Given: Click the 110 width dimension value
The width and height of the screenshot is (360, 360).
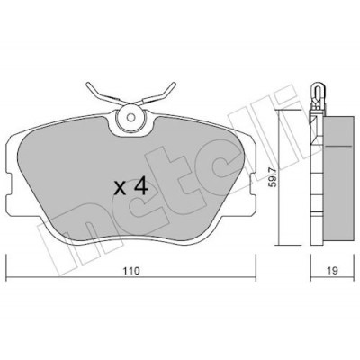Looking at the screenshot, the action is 131,271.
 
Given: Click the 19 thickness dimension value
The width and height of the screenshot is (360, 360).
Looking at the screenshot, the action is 332,271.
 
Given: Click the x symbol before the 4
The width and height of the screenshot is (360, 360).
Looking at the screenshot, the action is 121,189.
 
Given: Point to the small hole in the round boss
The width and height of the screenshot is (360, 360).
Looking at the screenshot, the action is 130,118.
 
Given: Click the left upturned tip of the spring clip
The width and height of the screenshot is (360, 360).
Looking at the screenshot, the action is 88,85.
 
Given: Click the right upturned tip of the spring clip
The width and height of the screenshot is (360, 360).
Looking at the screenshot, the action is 174,84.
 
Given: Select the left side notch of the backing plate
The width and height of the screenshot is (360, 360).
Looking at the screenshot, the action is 9,184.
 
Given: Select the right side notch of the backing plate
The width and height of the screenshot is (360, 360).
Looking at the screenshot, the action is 253,185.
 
